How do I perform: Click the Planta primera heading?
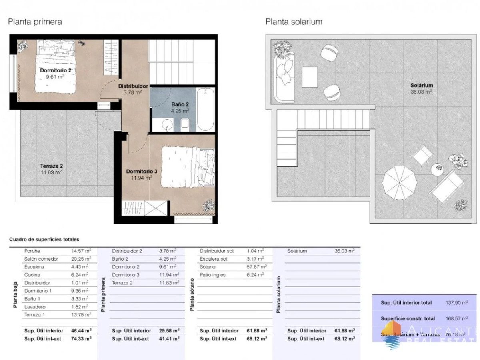point(35,22)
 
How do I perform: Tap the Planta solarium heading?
point(294,22)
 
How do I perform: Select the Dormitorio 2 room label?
point(56,70)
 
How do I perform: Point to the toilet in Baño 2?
point(185,125)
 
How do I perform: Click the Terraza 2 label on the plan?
point(51,166)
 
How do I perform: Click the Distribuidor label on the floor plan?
point(133,86)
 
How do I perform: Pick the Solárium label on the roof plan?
point(422,85)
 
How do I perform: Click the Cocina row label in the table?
point(32,275)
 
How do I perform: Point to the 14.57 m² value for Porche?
point(80,251)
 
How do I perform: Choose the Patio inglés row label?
point(213,275)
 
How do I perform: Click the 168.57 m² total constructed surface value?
point(456,319)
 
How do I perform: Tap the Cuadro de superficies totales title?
point(44,239)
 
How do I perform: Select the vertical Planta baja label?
point(15,295)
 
